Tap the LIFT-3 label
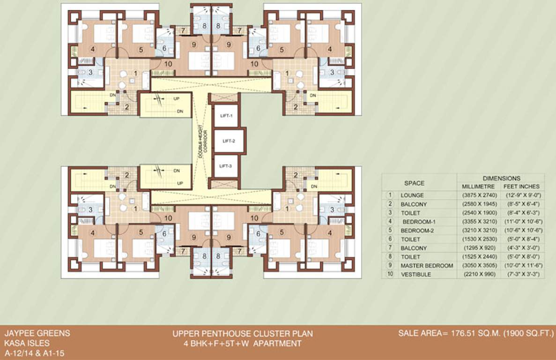[x=226, y=166]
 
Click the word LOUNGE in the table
[x=412, y=195]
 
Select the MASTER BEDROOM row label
[x=427, y=266]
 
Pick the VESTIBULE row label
[x=415, y=275]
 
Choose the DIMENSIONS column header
[x=501, y=178]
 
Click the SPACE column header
[x=414, y=183]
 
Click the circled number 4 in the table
[x=389, y=221]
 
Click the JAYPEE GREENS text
[x=37, y=334]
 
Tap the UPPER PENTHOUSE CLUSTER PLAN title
[x=242, y=334]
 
